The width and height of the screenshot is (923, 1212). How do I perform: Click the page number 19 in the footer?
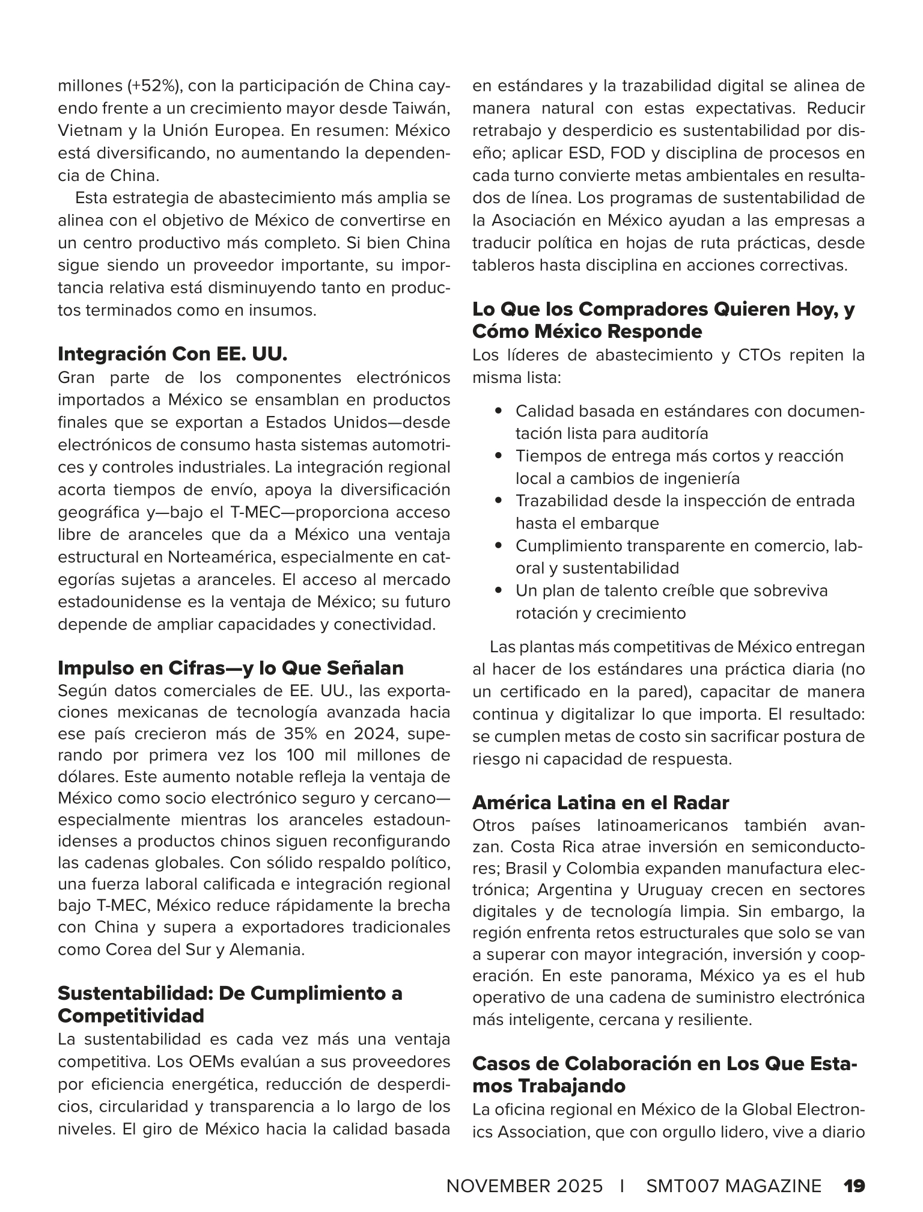click(854, 1169)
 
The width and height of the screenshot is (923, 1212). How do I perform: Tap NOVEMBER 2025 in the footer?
click(524, 1169)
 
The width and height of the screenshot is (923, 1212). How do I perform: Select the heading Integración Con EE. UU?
click(172, 354)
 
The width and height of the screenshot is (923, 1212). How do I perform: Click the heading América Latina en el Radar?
click(600, 803)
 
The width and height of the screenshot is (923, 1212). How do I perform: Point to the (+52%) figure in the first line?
click(153, 87)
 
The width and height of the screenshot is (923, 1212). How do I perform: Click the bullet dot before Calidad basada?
click(498, 411)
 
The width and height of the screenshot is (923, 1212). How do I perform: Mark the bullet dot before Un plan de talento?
click(498, 591)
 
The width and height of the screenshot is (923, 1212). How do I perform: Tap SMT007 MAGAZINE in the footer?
click(734, 1169)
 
